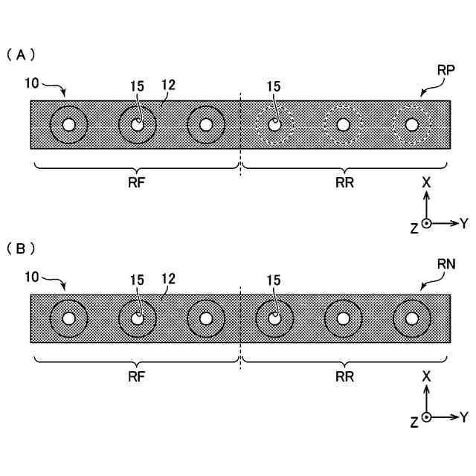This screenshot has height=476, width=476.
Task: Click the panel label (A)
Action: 21,55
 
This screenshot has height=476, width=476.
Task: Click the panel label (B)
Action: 21,248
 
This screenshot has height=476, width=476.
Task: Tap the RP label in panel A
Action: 446,70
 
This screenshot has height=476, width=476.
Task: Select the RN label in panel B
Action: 446,264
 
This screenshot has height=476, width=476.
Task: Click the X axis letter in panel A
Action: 426,181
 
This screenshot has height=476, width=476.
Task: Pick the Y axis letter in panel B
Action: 464,416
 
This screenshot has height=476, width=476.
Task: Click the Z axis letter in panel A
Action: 414,228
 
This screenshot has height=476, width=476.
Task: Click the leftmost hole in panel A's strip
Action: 68,125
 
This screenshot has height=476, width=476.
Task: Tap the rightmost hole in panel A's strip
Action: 411,125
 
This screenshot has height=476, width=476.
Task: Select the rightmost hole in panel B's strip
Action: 411,318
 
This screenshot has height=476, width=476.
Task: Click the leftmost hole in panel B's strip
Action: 68,318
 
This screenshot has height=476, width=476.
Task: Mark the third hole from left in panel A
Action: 206,125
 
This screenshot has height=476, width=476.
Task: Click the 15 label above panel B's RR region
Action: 273,280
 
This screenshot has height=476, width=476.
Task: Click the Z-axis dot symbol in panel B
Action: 426,416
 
